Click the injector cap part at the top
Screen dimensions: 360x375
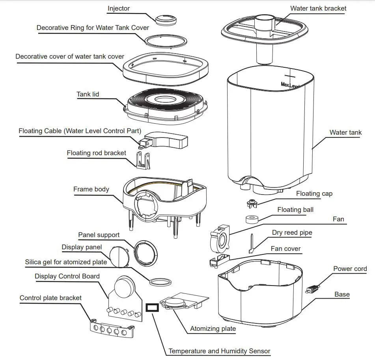point(165,19)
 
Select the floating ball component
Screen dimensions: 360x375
point(251,219)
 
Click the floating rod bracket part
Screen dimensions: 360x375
point(144,160)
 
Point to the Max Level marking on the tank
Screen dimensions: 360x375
point(290,84)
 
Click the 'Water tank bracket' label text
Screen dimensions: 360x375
point(318,8)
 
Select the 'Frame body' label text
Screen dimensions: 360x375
point(91,189)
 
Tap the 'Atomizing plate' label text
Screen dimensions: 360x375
point(213,328)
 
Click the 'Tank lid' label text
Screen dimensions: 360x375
point(88,94)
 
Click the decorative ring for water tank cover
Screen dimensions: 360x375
point(165,41)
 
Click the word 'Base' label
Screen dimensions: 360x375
point(342,294)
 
